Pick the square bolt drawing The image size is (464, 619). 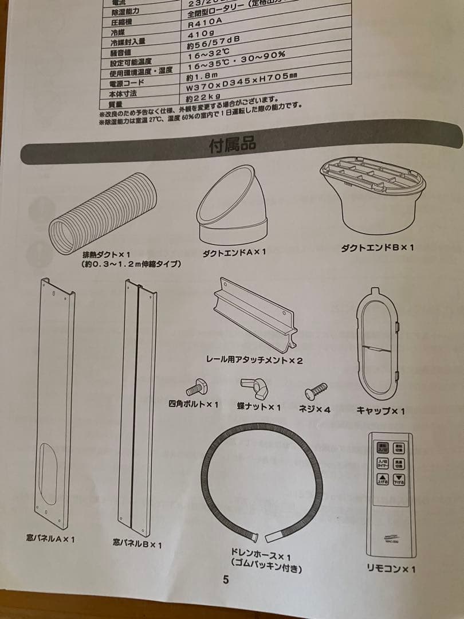[x=196, y=386]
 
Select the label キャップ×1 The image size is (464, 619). [x=380, y=411]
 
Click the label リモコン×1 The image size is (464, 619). [x=391, y=569]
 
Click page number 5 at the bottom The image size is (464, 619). [x=226, y=579]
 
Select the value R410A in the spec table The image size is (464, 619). [x=204, y=24]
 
